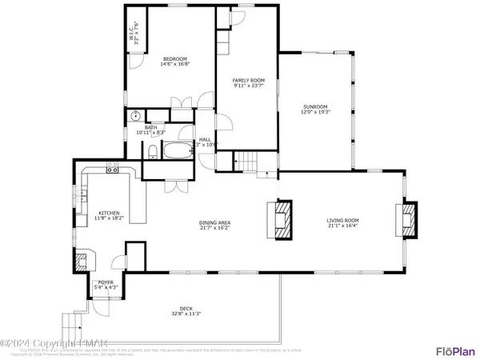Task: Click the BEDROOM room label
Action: pos(175,59)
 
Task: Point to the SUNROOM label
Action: pos(315,106)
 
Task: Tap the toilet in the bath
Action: pos(152,152)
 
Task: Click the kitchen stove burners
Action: pos(114,170)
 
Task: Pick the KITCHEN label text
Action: pos(109,213)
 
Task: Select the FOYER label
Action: pos(106,282)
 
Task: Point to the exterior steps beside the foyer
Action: pos(74,325)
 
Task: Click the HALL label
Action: pos(205,139)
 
